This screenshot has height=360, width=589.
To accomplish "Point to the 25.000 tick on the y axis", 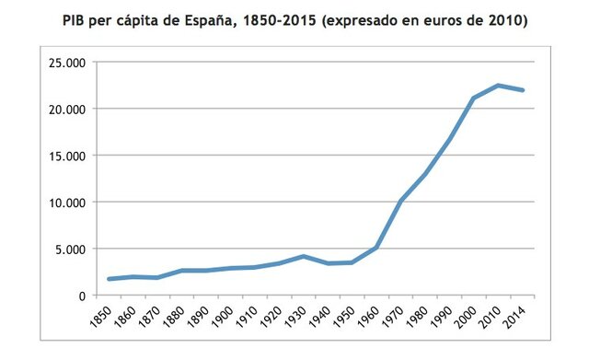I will click(x=71, y=63).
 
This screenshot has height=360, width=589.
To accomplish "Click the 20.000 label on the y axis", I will click(x=71, y=109).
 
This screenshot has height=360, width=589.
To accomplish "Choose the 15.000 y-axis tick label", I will click(x=71, y=156).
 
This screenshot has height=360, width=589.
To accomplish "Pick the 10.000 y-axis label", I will click(x=71, y=202).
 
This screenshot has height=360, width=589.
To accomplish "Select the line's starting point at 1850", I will click(x=110, y=279).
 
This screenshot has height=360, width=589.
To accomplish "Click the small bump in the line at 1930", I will click(x=303, y=256).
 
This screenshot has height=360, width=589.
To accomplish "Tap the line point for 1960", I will click(x=375, y=247).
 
